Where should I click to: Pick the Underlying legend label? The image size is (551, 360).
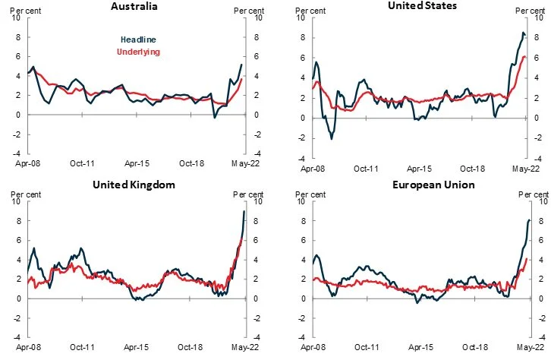click(x=137, y=52)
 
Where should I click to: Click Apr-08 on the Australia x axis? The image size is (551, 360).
click(x=28, y=163)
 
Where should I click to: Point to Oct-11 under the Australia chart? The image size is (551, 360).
click(x=82, y=163)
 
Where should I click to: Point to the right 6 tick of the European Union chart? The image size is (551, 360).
click(x=540, y=241)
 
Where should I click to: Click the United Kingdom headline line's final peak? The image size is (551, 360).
click(x=244, y=211)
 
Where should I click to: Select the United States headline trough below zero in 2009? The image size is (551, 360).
click(x=331, y=139)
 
